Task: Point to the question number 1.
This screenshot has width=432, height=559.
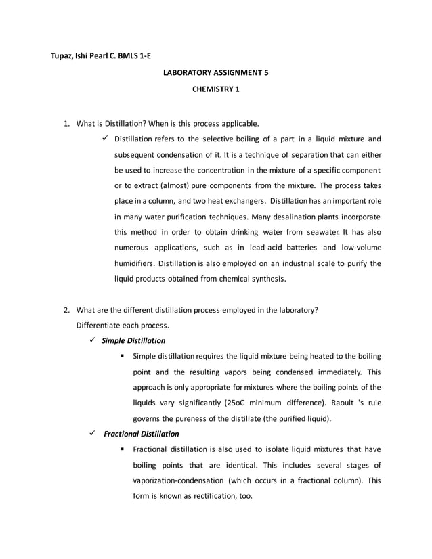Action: tap(66, 124)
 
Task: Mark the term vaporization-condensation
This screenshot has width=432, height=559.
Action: tap(179, 480)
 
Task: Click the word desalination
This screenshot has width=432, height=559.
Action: tap(297, 217)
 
